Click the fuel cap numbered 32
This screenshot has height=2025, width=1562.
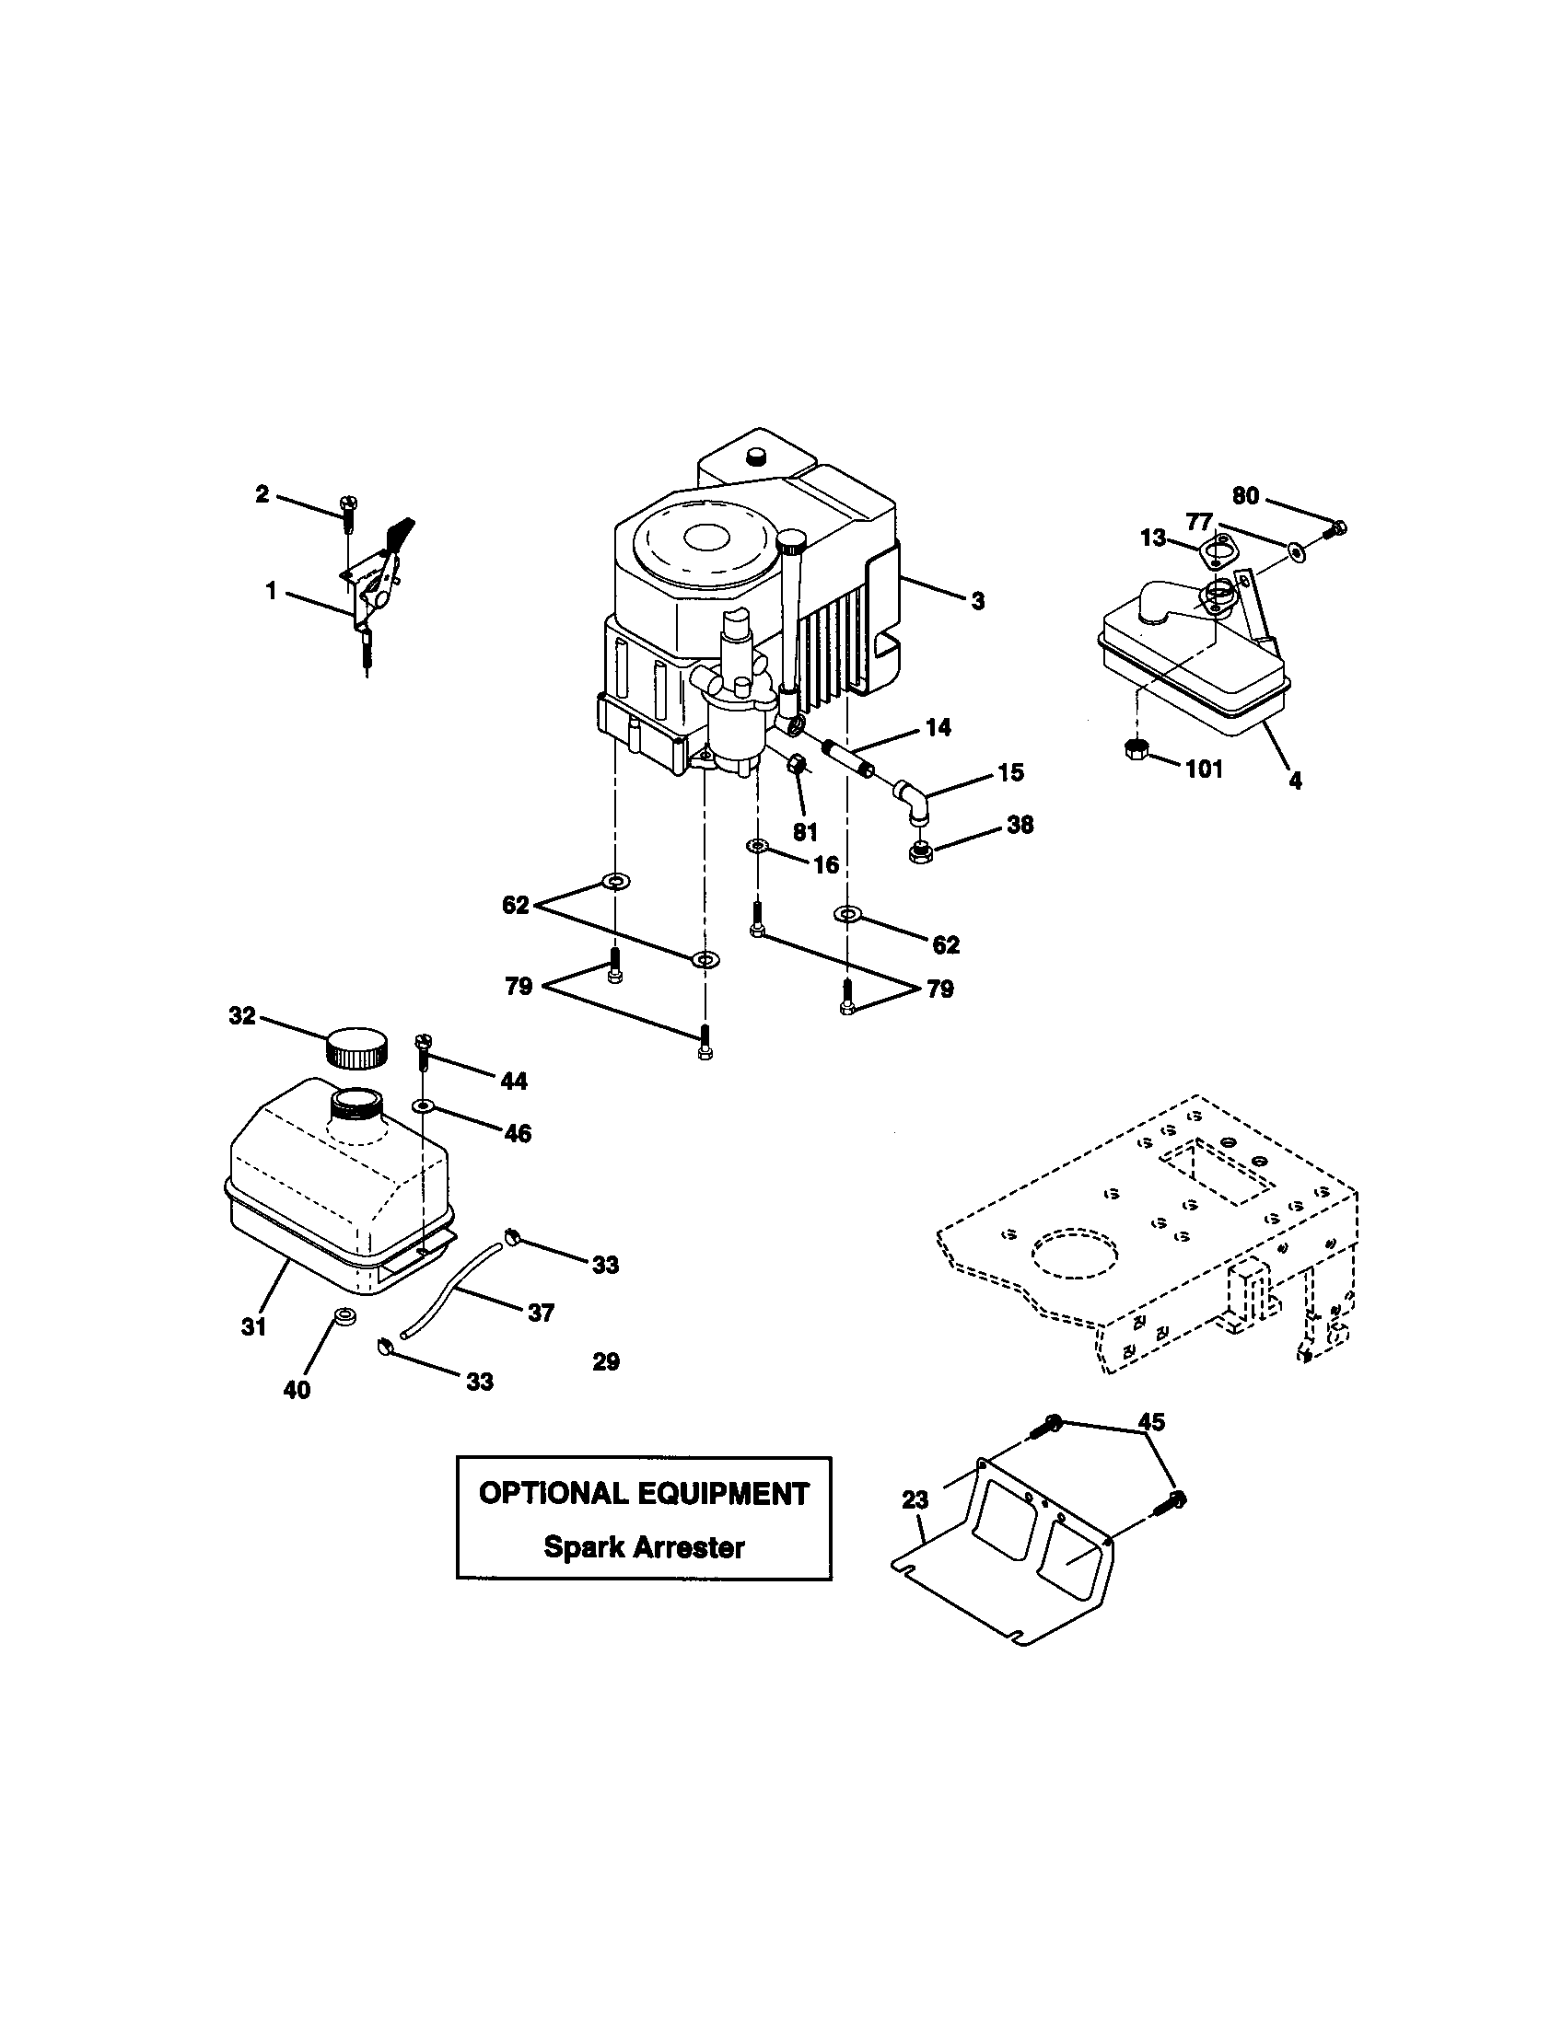click(356, 1047)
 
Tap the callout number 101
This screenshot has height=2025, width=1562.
click(1204, 769)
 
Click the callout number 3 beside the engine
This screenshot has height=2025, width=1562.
click(978, 601)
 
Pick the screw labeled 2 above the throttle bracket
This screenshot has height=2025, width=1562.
click(350, 512)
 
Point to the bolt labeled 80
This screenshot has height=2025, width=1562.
click(1335, 529)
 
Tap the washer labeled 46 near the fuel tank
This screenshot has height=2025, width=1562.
click(424, 1106)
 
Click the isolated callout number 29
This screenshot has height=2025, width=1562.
click(606, 1361)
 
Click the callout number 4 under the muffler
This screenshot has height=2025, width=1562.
click(1295, 781)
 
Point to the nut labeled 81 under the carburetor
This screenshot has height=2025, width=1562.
click(797, 765)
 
